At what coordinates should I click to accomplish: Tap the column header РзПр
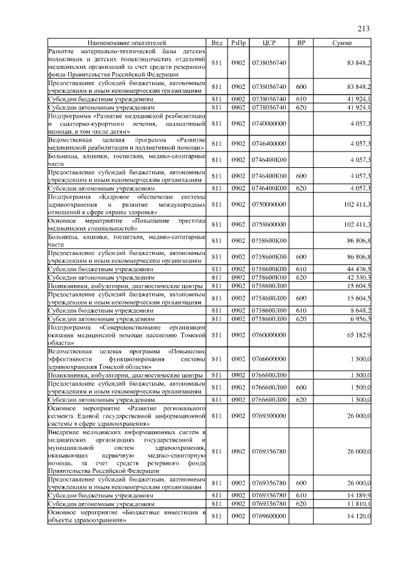click(x=238, y=43)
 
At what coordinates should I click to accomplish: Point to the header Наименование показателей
click(x=128, y=43)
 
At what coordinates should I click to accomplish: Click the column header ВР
click(x=301, y=43)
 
